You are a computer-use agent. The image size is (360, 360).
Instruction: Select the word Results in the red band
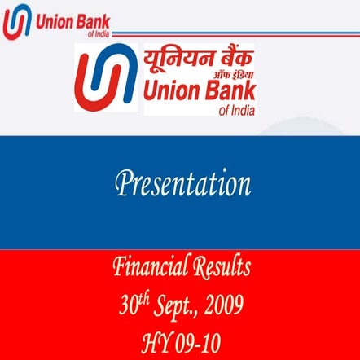[221, 266]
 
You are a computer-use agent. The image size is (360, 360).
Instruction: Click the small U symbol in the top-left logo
[17, 21]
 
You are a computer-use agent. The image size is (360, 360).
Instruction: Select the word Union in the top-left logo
[53, 19]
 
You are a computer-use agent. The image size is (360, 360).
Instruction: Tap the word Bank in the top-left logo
[92, 19]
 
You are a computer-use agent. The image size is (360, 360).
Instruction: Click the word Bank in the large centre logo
[229, 92]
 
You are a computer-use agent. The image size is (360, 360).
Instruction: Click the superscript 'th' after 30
[144, 298]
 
